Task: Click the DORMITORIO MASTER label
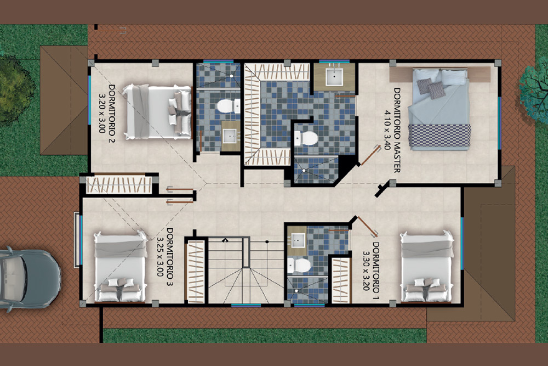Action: point(397,130)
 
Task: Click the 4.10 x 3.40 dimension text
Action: point(387,130)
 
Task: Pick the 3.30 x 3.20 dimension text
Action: point(366,271)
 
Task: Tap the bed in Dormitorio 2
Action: point(157,111)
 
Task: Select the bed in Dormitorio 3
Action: point(120,266)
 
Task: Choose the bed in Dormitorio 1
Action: point(427,266)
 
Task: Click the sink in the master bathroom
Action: point(334,77)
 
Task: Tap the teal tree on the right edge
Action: point(533,93)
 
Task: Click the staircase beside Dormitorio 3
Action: point(246,271)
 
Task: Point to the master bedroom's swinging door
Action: point(370,155)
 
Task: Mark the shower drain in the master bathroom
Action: point(304,171)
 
